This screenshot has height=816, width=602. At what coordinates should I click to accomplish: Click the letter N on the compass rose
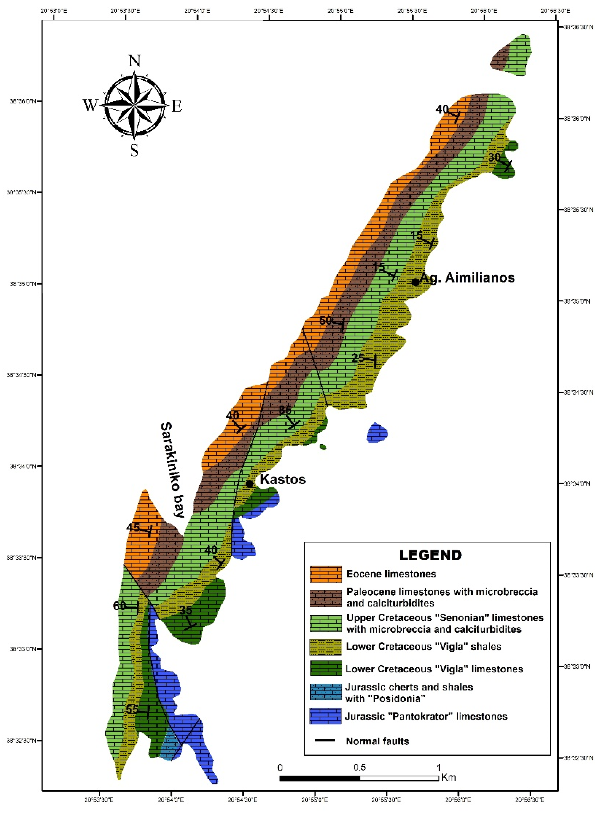[x=134, y=60]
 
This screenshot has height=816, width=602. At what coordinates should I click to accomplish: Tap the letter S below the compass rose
[x=134, y=150]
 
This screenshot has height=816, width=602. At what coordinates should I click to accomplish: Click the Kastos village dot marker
[x=250, y=484]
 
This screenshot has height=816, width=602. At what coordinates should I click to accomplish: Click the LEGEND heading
[x=430, y=555]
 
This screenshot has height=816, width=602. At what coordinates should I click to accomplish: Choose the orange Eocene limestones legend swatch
[x=326, y=574]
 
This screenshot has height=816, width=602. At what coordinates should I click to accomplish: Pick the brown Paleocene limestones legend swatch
[x=326, y=598]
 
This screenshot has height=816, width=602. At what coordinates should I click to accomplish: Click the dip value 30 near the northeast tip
[x=494, y=158]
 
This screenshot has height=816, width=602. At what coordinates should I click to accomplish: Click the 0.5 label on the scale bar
[x=359, y=767]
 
